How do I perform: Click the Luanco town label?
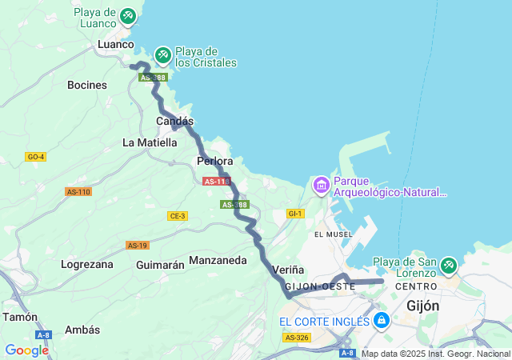coord(115,45)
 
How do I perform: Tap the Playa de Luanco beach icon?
coord(128,14)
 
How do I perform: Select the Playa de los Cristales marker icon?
coord(162,54)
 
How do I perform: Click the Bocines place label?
coord(87,85)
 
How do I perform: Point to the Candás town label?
coord(174,121)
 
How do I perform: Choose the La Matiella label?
coord(150,142)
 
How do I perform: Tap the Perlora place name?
coord(214,162)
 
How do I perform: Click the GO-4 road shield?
coord(36,156)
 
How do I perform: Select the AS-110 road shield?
coord(78,192)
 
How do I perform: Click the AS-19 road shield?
coord(138,245)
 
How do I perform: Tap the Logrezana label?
coord(87,264)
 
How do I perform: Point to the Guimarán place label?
coord(161,264)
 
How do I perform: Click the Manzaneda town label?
coord(218,261)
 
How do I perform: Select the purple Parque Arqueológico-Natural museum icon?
coord(322,186)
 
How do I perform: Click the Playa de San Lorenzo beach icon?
coord(448,263)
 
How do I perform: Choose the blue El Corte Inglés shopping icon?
coord(382,321)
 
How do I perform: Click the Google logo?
coord(26,350)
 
